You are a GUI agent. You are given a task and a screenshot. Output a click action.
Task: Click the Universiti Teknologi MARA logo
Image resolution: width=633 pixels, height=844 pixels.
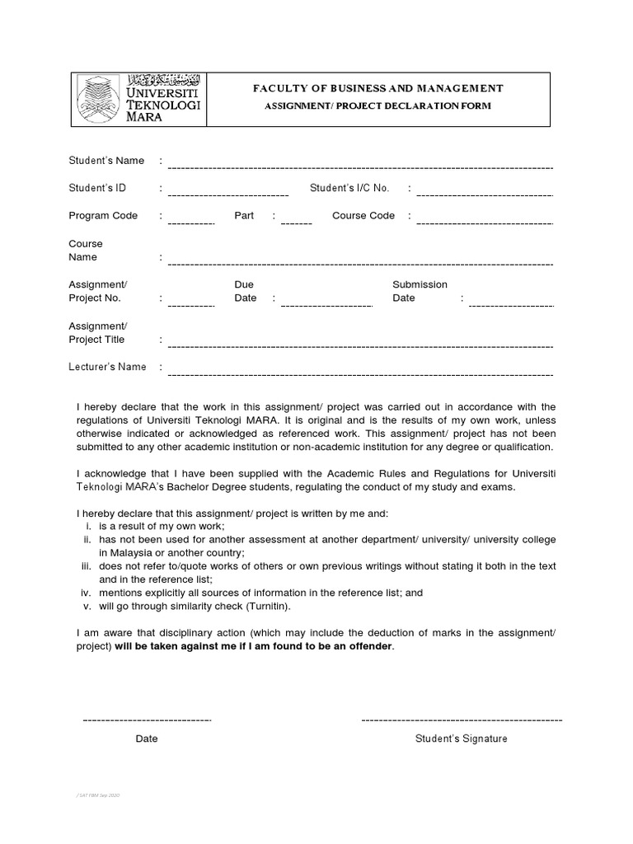[138, 99]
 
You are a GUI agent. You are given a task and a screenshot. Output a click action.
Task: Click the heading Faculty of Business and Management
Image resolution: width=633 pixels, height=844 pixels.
[379, 88]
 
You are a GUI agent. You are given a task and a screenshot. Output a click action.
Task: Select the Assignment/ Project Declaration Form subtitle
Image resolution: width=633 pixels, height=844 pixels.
[379, 105]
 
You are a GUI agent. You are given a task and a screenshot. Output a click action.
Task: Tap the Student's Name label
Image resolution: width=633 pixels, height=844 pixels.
[106, 161]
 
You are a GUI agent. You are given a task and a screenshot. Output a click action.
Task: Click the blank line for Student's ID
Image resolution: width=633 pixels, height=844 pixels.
[227, 195]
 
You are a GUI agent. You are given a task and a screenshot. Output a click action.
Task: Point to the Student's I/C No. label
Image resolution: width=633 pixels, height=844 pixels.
[349, 189]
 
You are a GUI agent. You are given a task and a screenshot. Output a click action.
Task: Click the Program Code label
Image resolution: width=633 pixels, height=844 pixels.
[103, 216]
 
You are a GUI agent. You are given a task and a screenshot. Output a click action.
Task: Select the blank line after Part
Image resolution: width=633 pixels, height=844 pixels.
[296, 223]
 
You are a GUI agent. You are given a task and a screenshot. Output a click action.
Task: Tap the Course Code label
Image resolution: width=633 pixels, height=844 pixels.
[363, 216]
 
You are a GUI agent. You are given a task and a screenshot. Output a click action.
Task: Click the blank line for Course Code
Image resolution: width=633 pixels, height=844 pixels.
[485, 223]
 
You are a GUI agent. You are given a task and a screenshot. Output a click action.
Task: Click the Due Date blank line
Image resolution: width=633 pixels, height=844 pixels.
[326, 305]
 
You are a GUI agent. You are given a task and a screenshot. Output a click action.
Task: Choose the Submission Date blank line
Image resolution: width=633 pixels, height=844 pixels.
[510, 305]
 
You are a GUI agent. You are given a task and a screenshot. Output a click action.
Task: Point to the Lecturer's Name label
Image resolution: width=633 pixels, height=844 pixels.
[107, 367]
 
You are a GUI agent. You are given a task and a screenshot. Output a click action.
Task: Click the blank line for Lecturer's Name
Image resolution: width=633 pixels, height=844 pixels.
[359, 373]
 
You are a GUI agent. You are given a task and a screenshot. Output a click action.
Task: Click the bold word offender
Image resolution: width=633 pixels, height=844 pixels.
[369, 646]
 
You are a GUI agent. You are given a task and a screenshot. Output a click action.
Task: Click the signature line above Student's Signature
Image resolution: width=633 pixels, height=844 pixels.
[462, 720]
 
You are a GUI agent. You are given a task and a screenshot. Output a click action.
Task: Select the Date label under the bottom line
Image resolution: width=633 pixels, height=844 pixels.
[147, 738]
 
